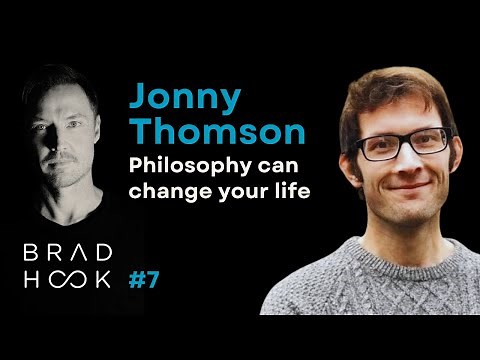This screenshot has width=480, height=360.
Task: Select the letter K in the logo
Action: tap(104, 279)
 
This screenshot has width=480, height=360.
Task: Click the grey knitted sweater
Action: tap(380, 290)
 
